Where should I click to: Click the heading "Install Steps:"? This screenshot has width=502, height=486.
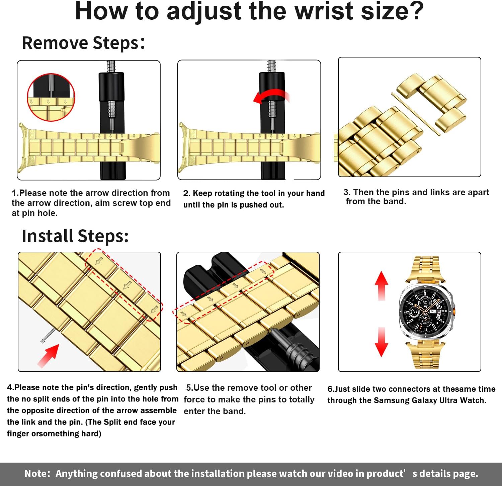pyautogui.click(x=75, y=236)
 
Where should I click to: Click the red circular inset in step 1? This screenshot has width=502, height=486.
pyautogui.click(x=51, y=97)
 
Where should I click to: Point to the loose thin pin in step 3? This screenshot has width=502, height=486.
pyautogui.click(x=415, y=114)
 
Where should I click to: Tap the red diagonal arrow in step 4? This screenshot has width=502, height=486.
pyautogui.click(x=49, y=356)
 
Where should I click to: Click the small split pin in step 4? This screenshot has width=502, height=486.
pyautogui.click(x=48, y=335)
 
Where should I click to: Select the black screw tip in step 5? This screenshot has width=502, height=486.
pyautogui.click(x=291, y=348)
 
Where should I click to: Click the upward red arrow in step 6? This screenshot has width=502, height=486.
pyautogui.click(x=382, y=286)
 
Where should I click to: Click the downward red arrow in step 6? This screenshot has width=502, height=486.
pyautogui.click(x=382, y=342)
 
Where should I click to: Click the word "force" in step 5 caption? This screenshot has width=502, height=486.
pyautogui.click(x=195, y=399)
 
